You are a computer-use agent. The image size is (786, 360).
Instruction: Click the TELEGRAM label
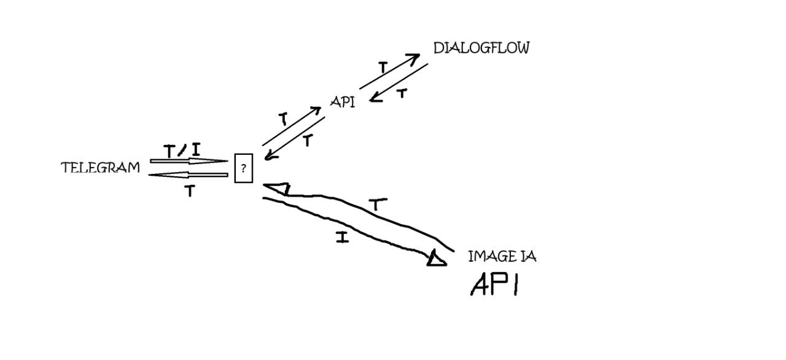[100, 168]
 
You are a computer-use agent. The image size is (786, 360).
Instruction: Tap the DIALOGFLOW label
[481, 49]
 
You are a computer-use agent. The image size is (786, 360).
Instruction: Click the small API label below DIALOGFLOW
[342, 103]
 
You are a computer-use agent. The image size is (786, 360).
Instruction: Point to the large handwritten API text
[494, 284]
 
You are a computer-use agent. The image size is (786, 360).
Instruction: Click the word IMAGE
[488, 257]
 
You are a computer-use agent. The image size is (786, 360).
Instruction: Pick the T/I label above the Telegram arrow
[182, 150]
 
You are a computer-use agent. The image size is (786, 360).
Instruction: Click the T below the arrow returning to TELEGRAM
[190, 192]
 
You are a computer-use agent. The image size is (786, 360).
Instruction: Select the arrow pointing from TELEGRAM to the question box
[190, 162]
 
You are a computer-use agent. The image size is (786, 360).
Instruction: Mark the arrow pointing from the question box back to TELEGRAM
[189, 175]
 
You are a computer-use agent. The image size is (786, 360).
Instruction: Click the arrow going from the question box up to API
[292, 126]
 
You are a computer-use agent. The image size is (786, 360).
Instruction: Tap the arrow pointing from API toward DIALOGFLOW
[389, 71]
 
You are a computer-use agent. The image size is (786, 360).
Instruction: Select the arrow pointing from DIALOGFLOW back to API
[399, 82]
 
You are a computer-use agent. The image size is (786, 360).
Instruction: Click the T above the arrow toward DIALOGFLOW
[382, 68]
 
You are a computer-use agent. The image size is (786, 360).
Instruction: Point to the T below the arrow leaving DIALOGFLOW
[402, 94]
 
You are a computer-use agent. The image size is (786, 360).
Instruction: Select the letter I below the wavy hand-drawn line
[343, 237]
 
